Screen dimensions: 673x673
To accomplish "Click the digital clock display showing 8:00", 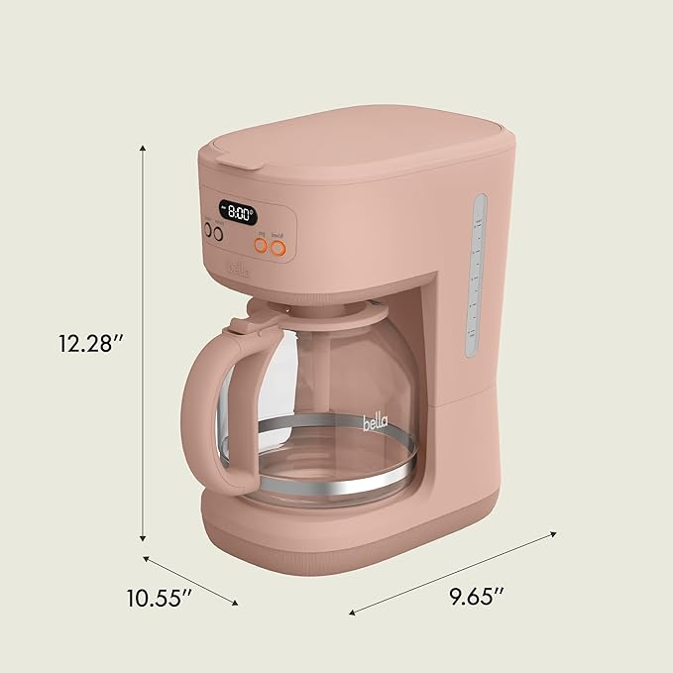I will pos(238,211).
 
